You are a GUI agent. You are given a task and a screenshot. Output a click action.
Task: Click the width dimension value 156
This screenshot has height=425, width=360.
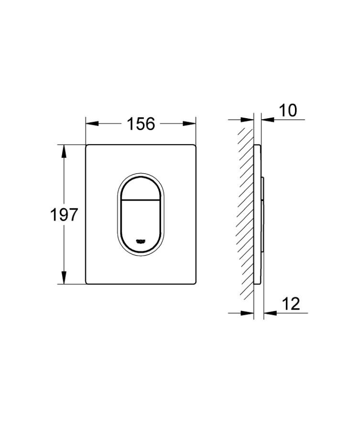tap(141, 124)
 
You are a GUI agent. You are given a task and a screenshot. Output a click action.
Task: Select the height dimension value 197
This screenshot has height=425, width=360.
tap(64, 215)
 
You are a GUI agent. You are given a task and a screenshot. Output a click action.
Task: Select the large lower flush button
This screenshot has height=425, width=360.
tap(141, 223)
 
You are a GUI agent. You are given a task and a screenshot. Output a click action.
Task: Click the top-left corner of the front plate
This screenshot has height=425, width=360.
tap(87, 145)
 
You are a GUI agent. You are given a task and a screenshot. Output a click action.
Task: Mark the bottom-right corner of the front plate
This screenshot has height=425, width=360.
tap(195, 284)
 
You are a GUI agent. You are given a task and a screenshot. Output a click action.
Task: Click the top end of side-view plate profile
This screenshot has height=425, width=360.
tap(259, 145)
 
